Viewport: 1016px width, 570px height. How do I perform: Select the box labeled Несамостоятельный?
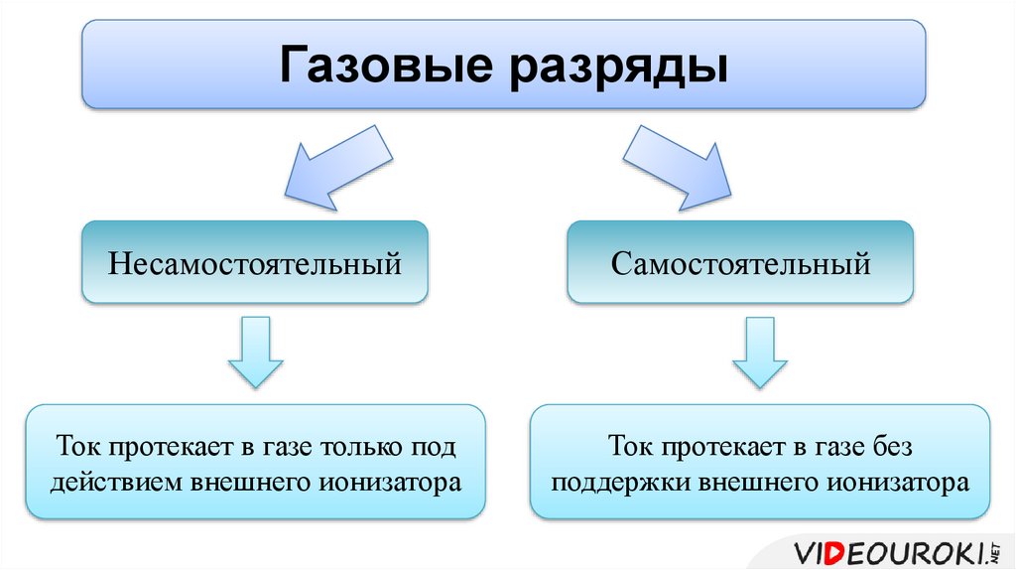(255, 264)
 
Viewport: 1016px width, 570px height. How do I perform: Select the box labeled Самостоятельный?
(740, 264)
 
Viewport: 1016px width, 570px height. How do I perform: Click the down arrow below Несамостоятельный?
(255, 353)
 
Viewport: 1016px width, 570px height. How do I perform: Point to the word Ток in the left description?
(78, 447)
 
